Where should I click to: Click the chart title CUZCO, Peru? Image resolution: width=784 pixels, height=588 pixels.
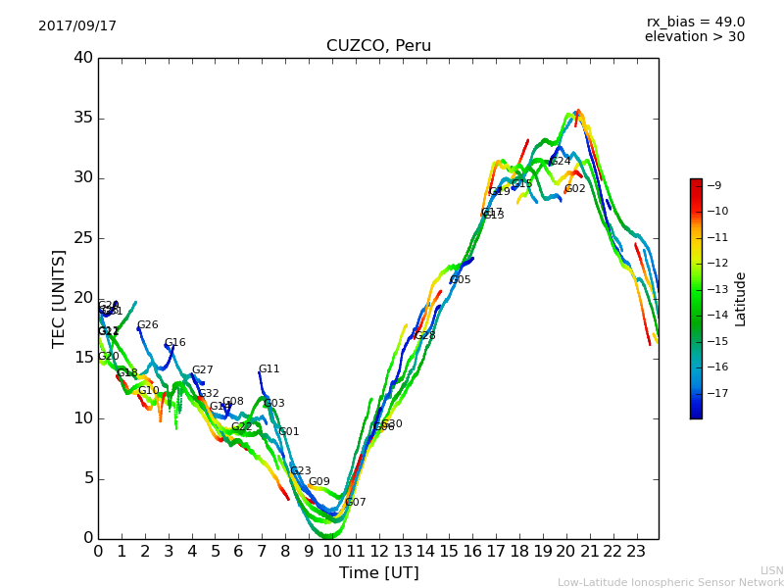click(x=378, y=46)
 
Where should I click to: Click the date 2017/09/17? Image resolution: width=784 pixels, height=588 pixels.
click(x=77, y=26)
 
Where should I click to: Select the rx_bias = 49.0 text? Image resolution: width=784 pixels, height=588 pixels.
click(x=695, y=23)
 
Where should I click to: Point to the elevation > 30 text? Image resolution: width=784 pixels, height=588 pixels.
click(x=694, y=37)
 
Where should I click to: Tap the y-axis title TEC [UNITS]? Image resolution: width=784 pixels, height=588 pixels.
click(x=60, y=298)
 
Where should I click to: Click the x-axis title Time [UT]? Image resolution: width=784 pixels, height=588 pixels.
click(x=378, y=573)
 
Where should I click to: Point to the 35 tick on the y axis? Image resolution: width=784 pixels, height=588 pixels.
click(x=82, y=119)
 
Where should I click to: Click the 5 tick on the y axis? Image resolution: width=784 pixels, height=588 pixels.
click(x=87, y=478)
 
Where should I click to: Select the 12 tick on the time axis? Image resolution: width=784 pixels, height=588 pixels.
click(x=379, y=552)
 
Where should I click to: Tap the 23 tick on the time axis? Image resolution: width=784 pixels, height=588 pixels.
click(x=636, y=552)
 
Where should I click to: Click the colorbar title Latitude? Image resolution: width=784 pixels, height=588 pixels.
click(x=741, y=298)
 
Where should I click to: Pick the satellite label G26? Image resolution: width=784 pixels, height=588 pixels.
click(x=147, y=325)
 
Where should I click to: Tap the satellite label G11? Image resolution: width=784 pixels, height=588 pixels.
click(x=269, y=369)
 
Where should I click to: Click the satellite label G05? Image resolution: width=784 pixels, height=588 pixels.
click(x=460, y=280)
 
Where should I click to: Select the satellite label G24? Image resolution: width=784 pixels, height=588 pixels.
click(x=560, y=162)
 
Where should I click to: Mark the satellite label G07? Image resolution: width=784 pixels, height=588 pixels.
click(x=355, y=503)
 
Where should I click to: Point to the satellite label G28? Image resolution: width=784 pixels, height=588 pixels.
click(x=424, y=336)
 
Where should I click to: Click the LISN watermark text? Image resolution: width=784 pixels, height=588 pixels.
click(x=771, y=570)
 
